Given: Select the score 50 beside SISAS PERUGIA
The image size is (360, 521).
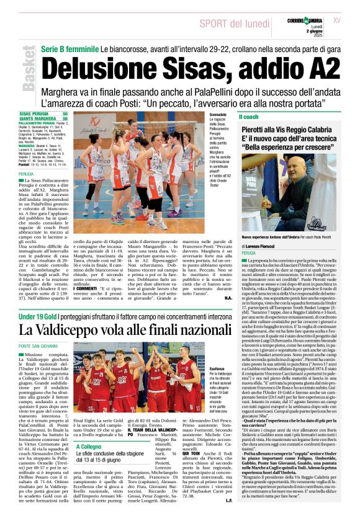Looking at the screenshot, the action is tap(65, 115).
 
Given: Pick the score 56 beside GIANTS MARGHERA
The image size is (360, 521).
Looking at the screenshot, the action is tap(65, 119).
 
